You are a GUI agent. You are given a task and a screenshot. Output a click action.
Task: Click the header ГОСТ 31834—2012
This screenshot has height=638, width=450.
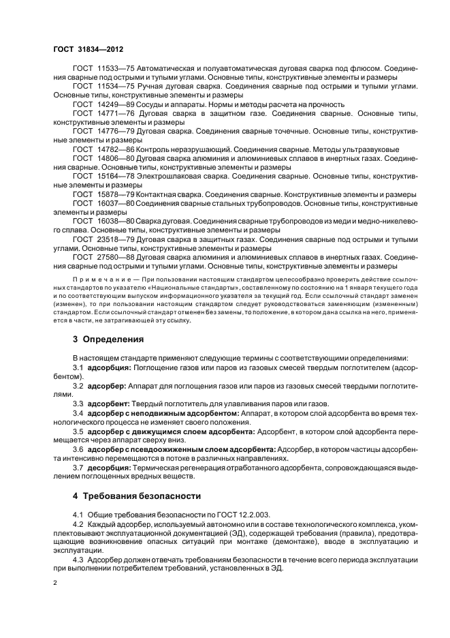coord(84,49)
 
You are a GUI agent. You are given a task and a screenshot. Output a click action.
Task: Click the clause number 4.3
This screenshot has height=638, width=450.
coord(78,559)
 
